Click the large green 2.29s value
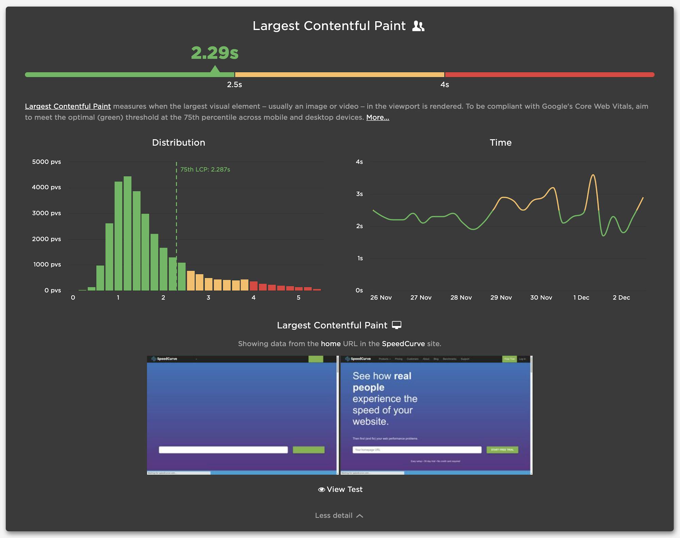pos(215,53)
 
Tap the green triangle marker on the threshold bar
pos(215,70)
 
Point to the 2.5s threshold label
pos(234,85)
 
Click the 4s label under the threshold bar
pos(444,85)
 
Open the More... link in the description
pos(377,117)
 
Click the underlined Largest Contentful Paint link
pos(68,106)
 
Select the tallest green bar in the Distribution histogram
pos(128,233)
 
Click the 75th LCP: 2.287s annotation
pos(205,169)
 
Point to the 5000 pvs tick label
pos(46,162)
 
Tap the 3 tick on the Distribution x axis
pos(208,298)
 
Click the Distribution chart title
pos(178,142)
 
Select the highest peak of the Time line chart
pos(593,175)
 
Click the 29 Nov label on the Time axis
pos(501,298)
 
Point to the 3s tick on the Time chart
pos(359,194)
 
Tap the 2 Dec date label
pos(621,298)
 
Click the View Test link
pos(340,489)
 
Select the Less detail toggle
pos(339,516)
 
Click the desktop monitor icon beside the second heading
pos(396,325)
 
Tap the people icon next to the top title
pos(418,26)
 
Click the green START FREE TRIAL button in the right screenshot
pos(502,450)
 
